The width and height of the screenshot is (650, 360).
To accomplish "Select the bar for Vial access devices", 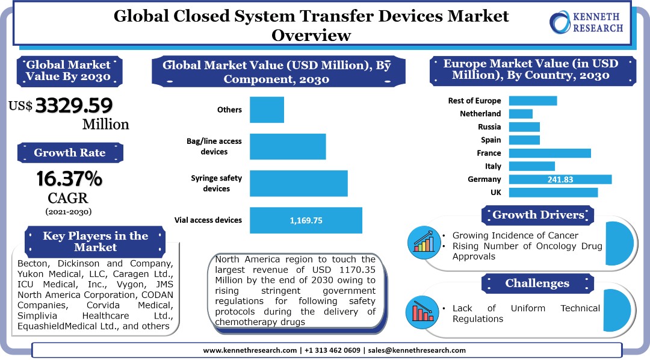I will (306, 220).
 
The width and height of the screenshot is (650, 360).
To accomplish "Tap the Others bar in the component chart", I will (267, 110).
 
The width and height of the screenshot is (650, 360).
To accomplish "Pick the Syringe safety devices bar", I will (299, 184).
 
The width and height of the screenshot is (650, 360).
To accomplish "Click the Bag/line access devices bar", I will (288, 146).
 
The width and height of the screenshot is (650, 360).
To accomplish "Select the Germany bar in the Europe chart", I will (560, 179).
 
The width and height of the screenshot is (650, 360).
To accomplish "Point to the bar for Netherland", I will (521, 114).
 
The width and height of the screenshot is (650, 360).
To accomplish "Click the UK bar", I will (553, 193).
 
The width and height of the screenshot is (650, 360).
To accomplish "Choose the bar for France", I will (549, 153).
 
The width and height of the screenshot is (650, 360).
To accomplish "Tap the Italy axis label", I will (493, 166).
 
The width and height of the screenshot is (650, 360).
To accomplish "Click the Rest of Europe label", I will (474, 101).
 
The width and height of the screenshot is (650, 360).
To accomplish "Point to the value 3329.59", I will (74, 106).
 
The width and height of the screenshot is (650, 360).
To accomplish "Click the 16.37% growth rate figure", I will (69, 179).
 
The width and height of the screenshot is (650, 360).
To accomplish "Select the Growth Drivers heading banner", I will (538, 215).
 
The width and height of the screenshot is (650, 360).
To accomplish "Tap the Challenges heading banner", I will (537, 283).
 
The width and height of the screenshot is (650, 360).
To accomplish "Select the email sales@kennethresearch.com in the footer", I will (416, 350).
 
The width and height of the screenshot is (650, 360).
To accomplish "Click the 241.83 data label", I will (560, 179).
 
